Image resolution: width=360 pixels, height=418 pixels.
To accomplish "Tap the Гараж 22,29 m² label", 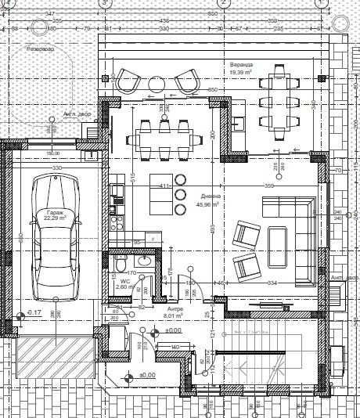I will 53,215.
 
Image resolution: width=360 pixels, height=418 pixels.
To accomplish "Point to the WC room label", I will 124,280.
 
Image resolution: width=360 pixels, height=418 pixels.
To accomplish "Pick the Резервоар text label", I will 44,49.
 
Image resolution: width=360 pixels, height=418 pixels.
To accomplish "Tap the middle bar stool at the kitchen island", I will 181,194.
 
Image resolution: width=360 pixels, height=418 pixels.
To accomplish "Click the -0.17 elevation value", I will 34,313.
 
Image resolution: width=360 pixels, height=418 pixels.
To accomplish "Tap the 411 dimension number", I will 165,186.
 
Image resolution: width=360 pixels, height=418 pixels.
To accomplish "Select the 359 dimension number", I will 269,186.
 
